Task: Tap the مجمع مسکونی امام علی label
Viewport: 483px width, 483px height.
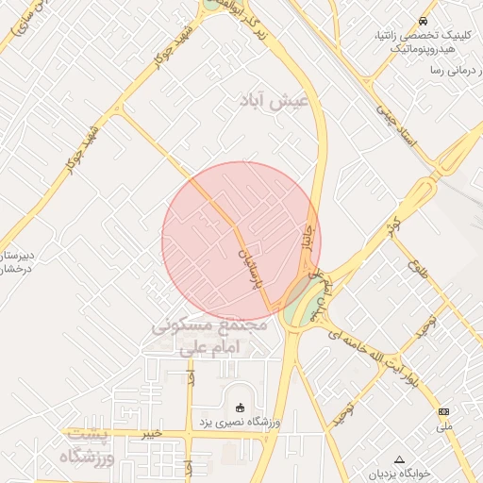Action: [x=209, y=337]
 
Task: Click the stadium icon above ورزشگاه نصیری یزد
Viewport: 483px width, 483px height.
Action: [x=240, y=408]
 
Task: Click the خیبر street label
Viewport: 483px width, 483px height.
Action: [x=151, y=434]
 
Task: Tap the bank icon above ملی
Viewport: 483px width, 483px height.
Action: [x=444, y=412]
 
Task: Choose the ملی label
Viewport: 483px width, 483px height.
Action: [x=444, y=426]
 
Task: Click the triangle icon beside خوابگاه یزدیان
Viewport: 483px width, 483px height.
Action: [x=398, y=459]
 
